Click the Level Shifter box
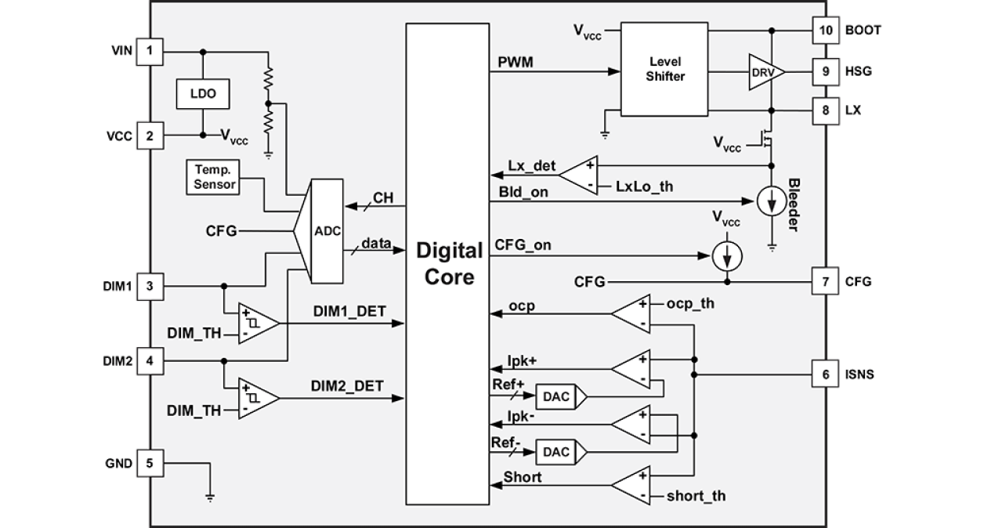664,69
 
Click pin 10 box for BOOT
825,30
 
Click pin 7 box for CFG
825,281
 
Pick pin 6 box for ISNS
825,374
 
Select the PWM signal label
515,62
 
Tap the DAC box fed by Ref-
556,451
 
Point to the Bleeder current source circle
772,201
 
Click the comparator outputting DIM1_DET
258,322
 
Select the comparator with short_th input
631,486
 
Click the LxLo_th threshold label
644,186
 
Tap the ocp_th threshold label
690,303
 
